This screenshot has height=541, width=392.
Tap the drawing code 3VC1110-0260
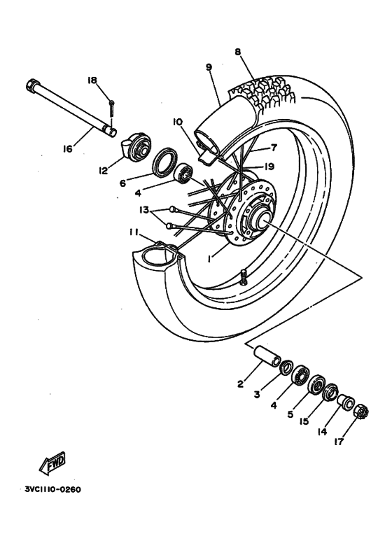(52, 489)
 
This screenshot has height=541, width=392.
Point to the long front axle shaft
(70, 108)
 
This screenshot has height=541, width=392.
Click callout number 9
(209, 67)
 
